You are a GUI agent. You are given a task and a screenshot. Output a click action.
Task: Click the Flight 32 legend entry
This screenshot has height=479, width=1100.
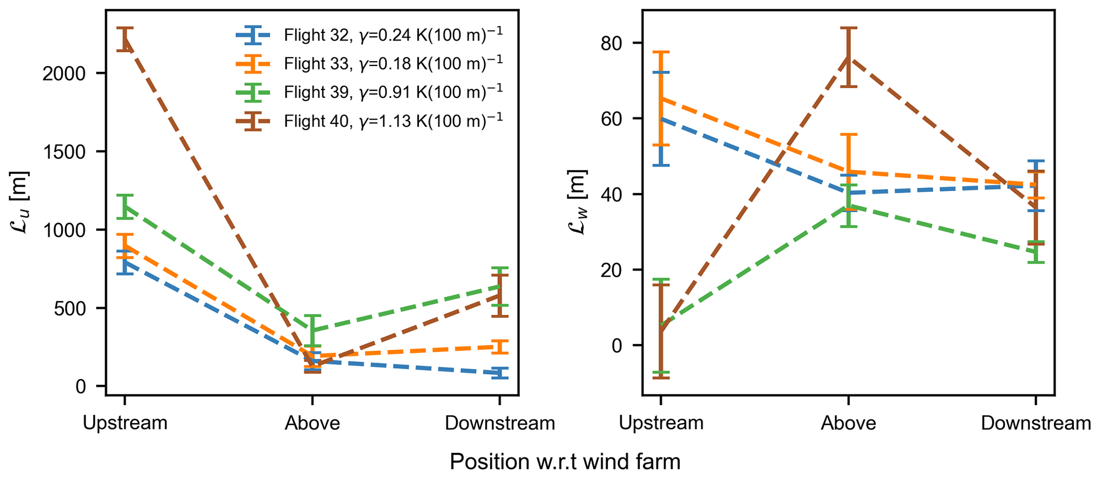coord(393,35)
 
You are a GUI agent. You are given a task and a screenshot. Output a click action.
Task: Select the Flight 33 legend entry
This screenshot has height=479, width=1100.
coord(393,64)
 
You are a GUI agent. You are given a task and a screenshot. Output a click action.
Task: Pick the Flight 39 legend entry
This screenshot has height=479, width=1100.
coord(393,92)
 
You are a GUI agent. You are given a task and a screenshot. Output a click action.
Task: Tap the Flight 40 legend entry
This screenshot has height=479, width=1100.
coord(393,121)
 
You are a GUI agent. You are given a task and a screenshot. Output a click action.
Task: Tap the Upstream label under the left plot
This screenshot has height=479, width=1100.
coord(125,423)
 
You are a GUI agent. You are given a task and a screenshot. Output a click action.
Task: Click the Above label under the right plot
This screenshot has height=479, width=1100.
coord(848,423)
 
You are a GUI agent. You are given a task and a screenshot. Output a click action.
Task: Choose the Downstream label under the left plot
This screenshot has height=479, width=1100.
coord(500,423)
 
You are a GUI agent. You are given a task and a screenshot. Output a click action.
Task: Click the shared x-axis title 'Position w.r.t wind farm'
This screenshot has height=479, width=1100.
coord(565,461)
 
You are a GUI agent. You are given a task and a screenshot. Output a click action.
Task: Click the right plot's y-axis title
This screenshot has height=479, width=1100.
coord(577,202)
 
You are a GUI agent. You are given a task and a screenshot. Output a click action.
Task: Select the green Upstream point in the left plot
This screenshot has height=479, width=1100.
coord(125,207)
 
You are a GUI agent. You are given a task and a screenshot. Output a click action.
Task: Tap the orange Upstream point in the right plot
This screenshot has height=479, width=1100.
coord(660,99)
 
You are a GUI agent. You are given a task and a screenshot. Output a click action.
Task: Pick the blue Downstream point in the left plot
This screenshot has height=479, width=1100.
coord(499,373)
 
